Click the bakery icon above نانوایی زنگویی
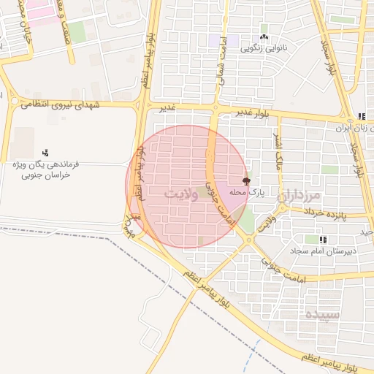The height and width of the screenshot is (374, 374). pyautogui.click(x=264, y=38)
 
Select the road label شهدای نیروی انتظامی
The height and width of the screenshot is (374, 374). pyautogui.click(x=54, y=104)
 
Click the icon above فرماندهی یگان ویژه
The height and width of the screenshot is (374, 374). pyautogui.click(x=45, y=152)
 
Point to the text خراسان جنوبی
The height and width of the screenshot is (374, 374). pyautogui.click(x=45, y=175)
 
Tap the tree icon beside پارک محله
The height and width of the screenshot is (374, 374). pyautogui.click(x=246, y=180)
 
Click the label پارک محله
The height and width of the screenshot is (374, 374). pyautogui.click(x=245, y=191)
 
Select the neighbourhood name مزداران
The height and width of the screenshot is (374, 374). pyautogui.click(x=299, y=196)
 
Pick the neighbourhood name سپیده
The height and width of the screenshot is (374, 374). pyautogui.click(x=322, y=316)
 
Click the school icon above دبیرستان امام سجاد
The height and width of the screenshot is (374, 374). pyautogui.click(x=323, y=240)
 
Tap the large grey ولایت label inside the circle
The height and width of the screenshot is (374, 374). pyautogui.click(x=182, y=194)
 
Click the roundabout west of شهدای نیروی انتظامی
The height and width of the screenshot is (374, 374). pyautogui.click(x=14, y=101)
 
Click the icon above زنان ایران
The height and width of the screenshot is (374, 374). pyautogui.click(x=361, y=116)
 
